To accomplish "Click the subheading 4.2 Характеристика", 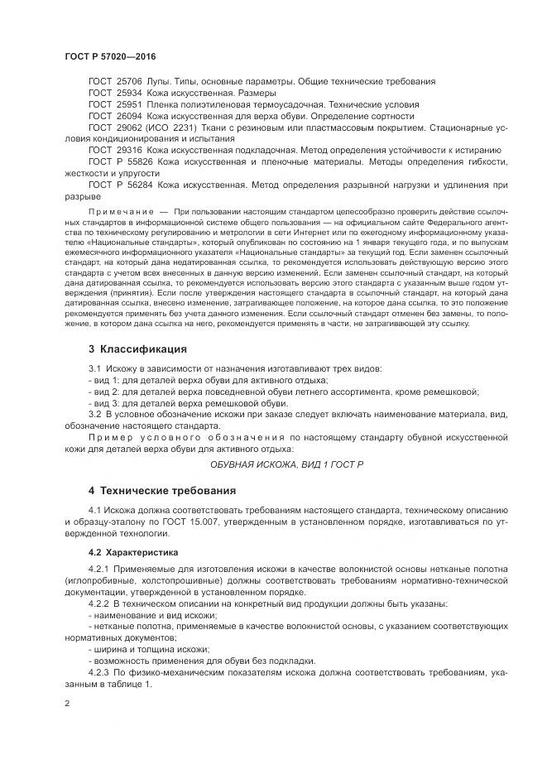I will [x=134, y=550].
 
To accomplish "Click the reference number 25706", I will [x=130, y=82].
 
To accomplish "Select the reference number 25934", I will [x=130, y=94].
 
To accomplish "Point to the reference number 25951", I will [x=130, y=105].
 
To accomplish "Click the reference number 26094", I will [x=130, y=117].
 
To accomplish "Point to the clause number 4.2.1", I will [x=99, y=570].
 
